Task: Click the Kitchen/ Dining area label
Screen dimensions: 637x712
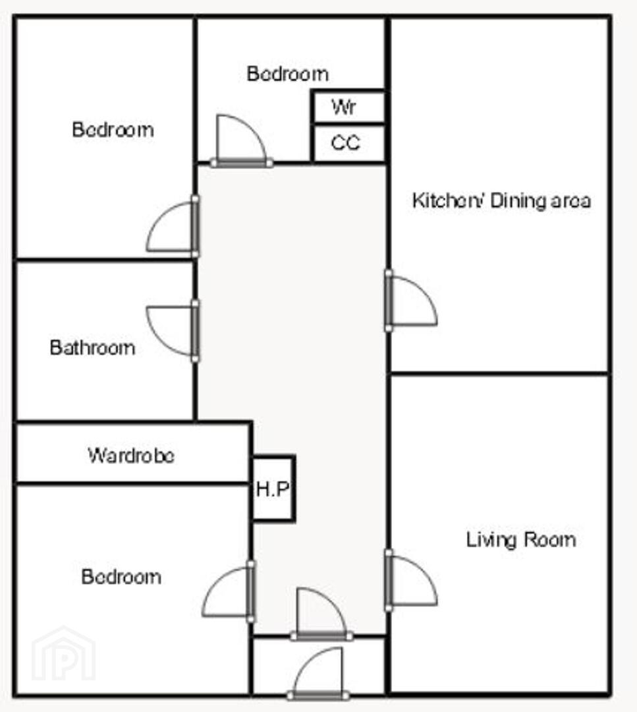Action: tap(501, 200)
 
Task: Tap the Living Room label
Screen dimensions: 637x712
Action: tap(521, 540)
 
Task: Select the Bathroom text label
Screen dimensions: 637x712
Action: tap(93, 348)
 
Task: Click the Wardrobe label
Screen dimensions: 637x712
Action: tap(131, 456)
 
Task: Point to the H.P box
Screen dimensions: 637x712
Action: tap(273, 488)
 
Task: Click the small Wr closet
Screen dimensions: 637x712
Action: tap(348, 107)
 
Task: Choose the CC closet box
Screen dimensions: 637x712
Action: tap(348, 143)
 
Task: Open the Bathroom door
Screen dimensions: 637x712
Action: tap(171, 330)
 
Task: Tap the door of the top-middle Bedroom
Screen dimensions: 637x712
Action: tap(241, 141)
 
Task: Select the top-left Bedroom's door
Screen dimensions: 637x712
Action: tap(172, 227)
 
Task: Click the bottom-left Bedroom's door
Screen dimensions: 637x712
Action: tap(228, 591)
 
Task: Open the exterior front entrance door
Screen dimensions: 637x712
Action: tap(319, 673)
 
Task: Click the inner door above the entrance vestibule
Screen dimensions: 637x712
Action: tap(321, 614)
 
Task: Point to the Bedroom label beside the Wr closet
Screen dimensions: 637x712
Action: tap(288, 74)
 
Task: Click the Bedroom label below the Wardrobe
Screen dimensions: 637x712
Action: tap(121, 577)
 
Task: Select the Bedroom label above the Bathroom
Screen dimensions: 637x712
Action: tap(113, 130)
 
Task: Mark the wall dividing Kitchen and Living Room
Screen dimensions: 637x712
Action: tap(499, 373)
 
